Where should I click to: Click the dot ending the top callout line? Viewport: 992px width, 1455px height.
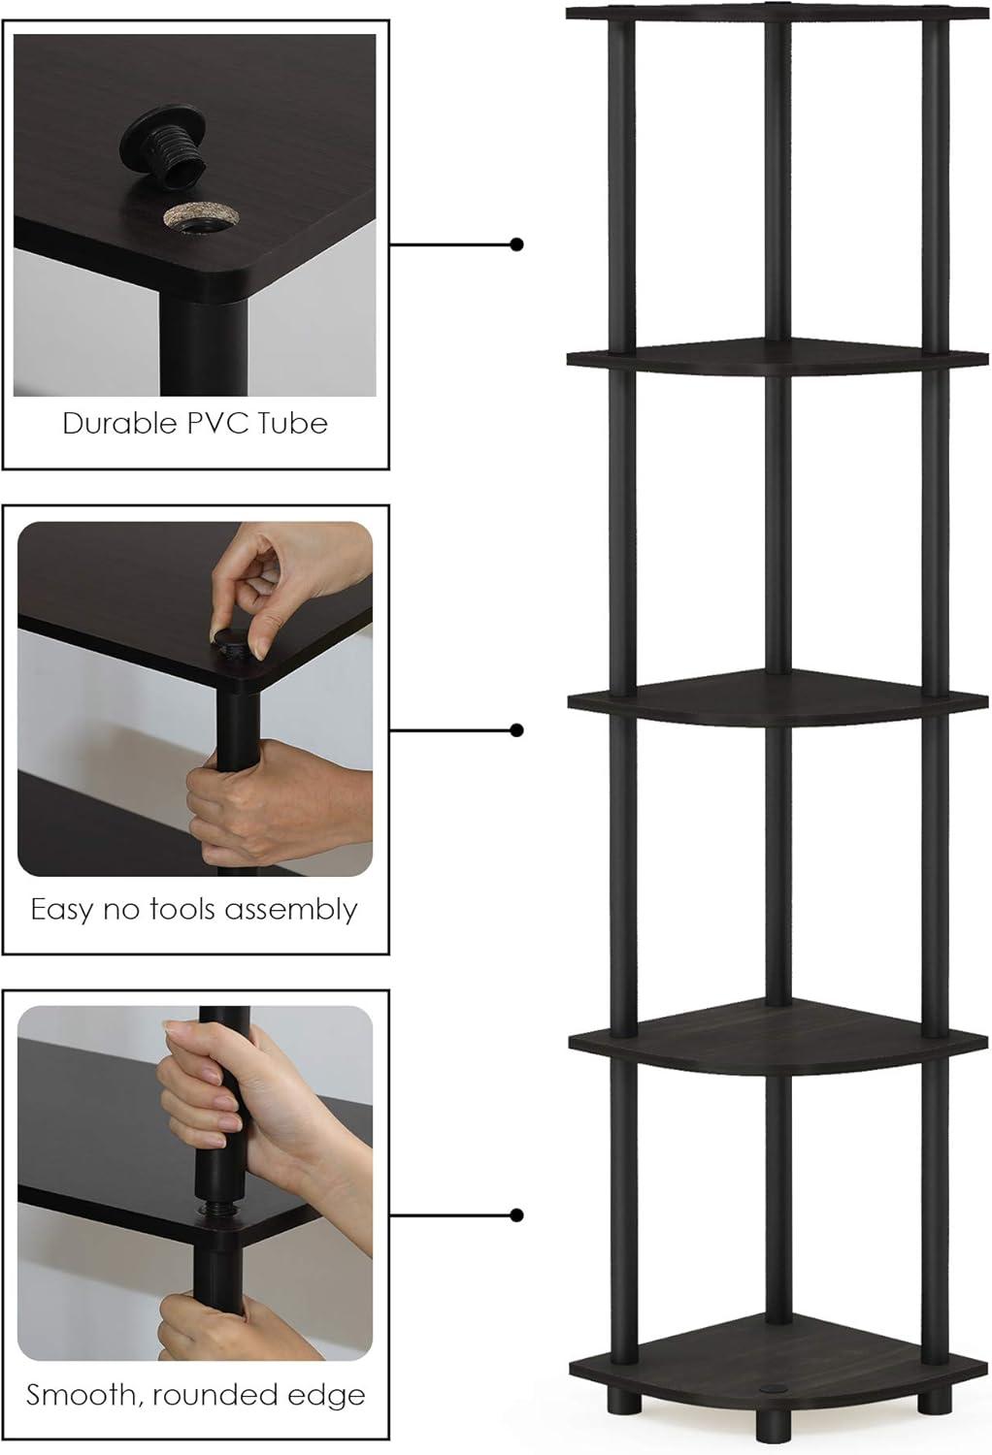(516, 244)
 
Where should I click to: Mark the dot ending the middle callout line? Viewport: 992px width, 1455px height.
(516, 729)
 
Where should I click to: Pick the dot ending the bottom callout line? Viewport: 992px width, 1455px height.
(516, 1214)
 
